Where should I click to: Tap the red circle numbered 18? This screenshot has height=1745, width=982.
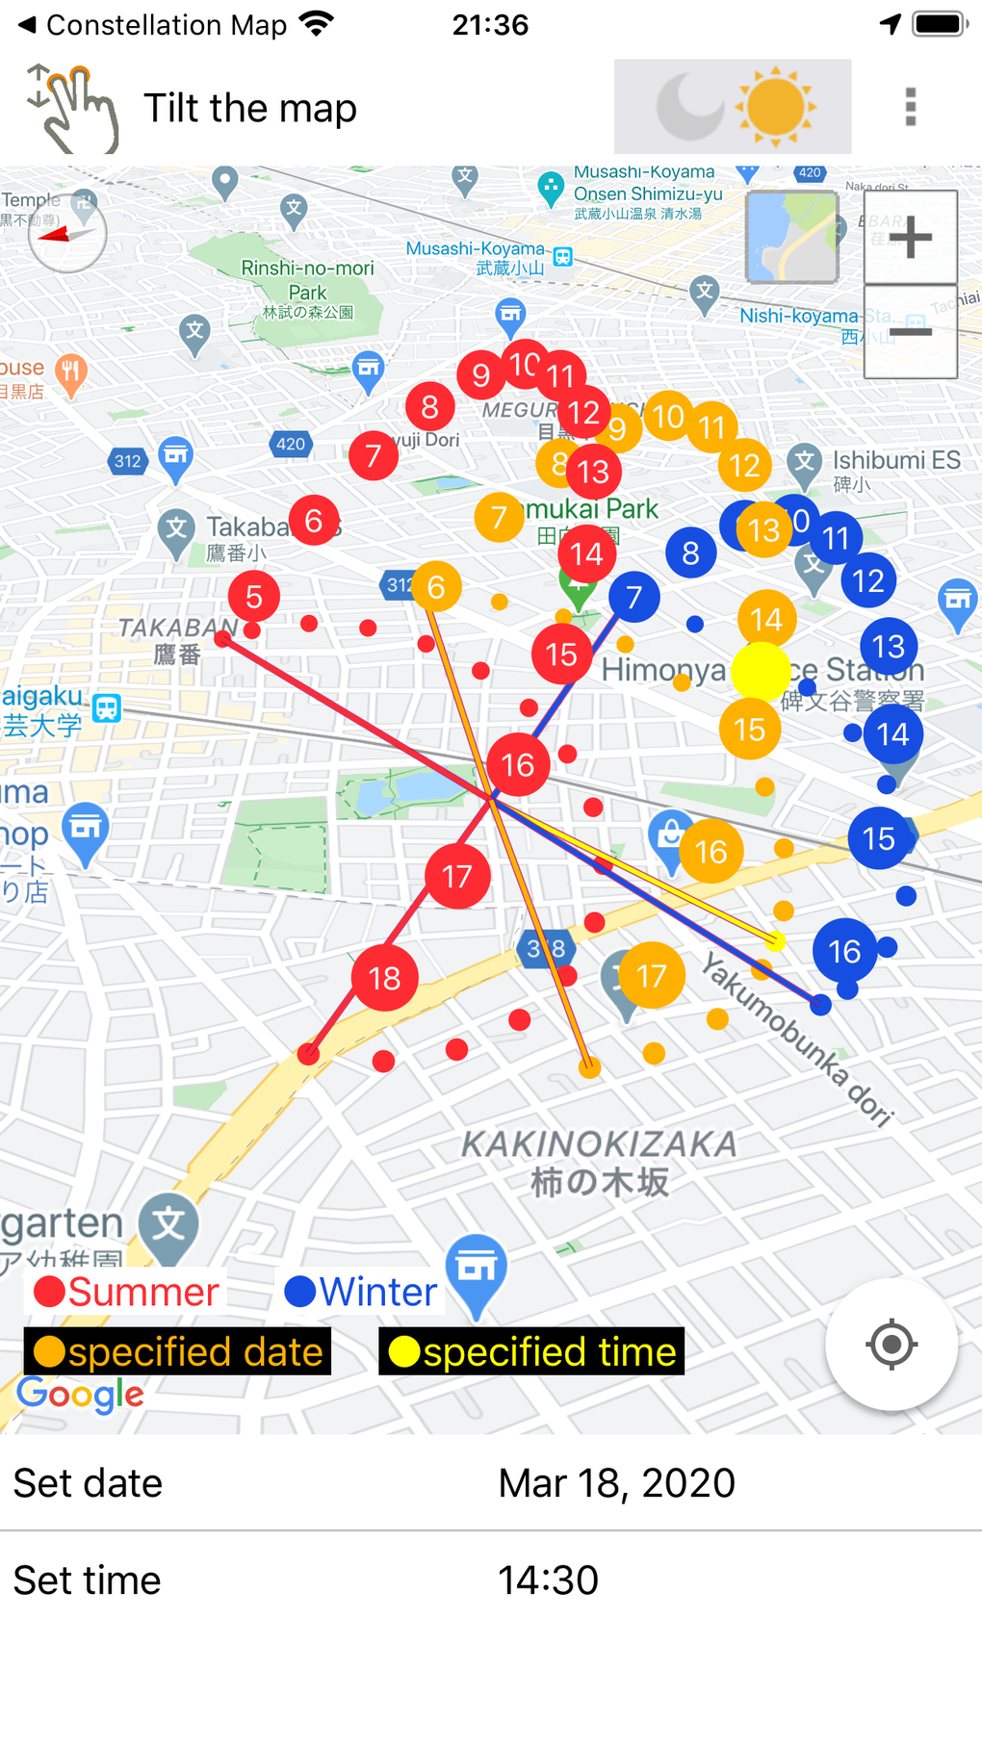click(x=384, y=978)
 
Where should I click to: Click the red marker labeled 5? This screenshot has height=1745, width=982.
click(x=254, y=597)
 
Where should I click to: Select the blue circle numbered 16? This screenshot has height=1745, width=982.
click(x=844, y=951)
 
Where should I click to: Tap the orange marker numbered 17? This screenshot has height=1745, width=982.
click(x=652, y=976)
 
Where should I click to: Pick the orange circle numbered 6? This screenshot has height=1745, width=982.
click(x=436, y=586)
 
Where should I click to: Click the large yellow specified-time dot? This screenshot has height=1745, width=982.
click(x=761, y=672)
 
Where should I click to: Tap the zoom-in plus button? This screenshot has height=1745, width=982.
click(x=910, y=237)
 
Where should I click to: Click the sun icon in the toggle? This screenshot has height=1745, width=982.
click(x=775, y=107)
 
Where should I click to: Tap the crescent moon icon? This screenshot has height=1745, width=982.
click(x=689, y=107)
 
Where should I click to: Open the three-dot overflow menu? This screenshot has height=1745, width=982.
click(x=911, y=107)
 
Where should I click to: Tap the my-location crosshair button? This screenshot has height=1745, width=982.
click(x=892, y=1344)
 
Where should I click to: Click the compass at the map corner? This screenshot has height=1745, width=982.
click(x=67, y=234)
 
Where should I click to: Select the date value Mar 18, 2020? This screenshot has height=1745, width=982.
click(x=616, y=1483)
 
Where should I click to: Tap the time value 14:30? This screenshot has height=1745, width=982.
click(x=548, y=1580)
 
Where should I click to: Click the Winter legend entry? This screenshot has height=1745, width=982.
click(x=362, y=1292)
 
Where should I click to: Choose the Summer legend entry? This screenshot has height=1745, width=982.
click(x=127, y=1292)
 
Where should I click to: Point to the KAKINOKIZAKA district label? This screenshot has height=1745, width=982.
click(x=599, y=1145)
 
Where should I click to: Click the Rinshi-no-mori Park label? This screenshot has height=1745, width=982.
click(x=307, y=280)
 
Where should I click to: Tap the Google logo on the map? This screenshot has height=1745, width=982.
click(x=81, y=1394)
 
